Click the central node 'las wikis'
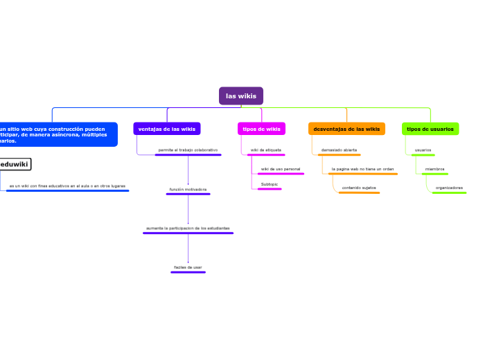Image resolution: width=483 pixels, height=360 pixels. (241, 96)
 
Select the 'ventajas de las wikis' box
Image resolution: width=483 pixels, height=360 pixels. (167, 129)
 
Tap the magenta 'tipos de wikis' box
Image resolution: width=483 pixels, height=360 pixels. (261, 129)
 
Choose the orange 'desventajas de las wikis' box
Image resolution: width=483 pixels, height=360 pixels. (346, 129)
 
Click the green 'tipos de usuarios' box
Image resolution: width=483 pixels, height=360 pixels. (430, 129)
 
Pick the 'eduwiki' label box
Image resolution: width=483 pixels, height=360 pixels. (15, 164)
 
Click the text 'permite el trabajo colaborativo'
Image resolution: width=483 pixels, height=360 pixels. (188, 150)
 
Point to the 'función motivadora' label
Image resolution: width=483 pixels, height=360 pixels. (188, 189)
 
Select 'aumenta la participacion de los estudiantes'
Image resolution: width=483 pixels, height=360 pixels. (188, 228)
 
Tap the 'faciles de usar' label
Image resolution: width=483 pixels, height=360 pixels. (188, 267)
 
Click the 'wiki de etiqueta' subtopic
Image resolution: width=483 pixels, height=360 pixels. (265, 150)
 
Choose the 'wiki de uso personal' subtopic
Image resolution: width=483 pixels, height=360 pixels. (280, 169)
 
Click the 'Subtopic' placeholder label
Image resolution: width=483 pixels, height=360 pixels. (270, 184)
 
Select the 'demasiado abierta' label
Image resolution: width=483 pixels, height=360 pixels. (339, 150)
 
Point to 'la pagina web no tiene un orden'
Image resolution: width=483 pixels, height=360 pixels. (362, 169)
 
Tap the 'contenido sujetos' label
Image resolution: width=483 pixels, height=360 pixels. (359, 188)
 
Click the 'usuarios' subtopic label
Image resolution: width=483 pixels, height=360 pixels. (423, 150)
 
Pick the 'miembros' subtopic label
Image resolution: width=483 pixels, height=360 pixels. (434, 169)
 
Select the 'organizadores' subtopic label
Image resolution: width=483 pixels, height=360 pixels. (449, 188)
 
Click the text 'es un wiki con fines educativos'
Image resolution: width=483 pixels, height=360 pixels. (67, 186)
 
